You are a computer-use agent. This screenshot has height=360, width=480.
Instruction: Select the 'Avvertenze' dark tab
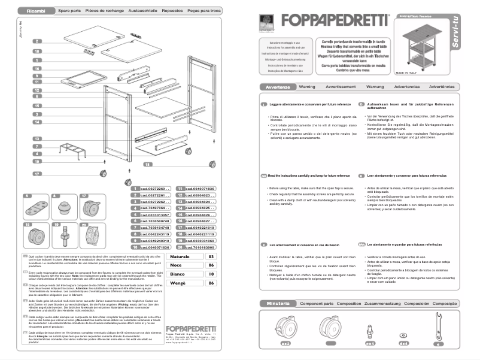(278, 87)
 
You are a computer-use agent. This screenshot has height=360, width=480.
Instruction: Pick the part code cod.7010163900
(195, 247)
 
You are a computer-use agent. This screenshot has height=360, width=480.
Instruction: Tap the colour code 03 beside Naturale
(210, 256)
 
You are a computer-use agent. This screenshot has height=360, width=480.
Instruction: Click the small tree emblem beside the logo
(263, 21)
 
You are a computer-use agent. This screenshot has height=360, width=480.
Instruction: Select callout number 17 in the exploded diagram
(37, 174)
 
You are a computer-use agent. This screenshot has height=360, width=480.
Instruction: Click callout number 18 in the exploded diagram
(148, 164)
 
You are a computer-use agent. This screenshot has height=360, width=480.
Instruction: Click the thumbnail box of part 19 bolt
(63, 234)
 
